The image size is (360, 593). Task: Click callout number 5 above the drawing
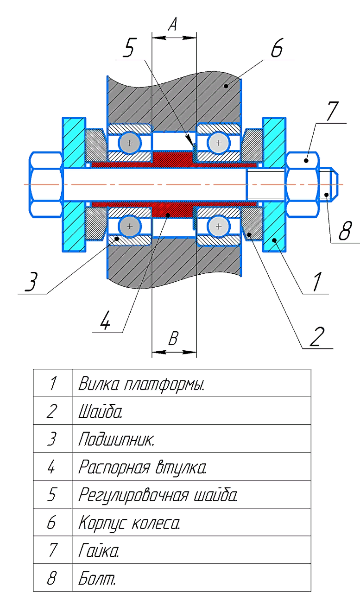pyautogui.click(x=131, y=48)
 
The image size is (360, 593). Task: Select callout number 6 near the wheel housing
pyautogui.click(x=277, y=48)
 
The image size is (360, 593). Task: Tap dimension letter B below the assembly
pyautogui.click(x=173, y=339)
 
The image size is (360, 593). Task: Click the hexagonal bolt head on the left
pyautogui.click(x=46, y=184)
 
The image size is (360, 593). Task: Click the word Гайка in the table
pyautogui.click(x=98, y=551)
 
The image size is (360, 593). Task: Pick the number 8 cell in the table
pyautogui.click(x=52, y=579)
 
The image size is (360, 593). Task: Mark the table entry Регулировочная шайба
pyautogui.click(x=158, y=495)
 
